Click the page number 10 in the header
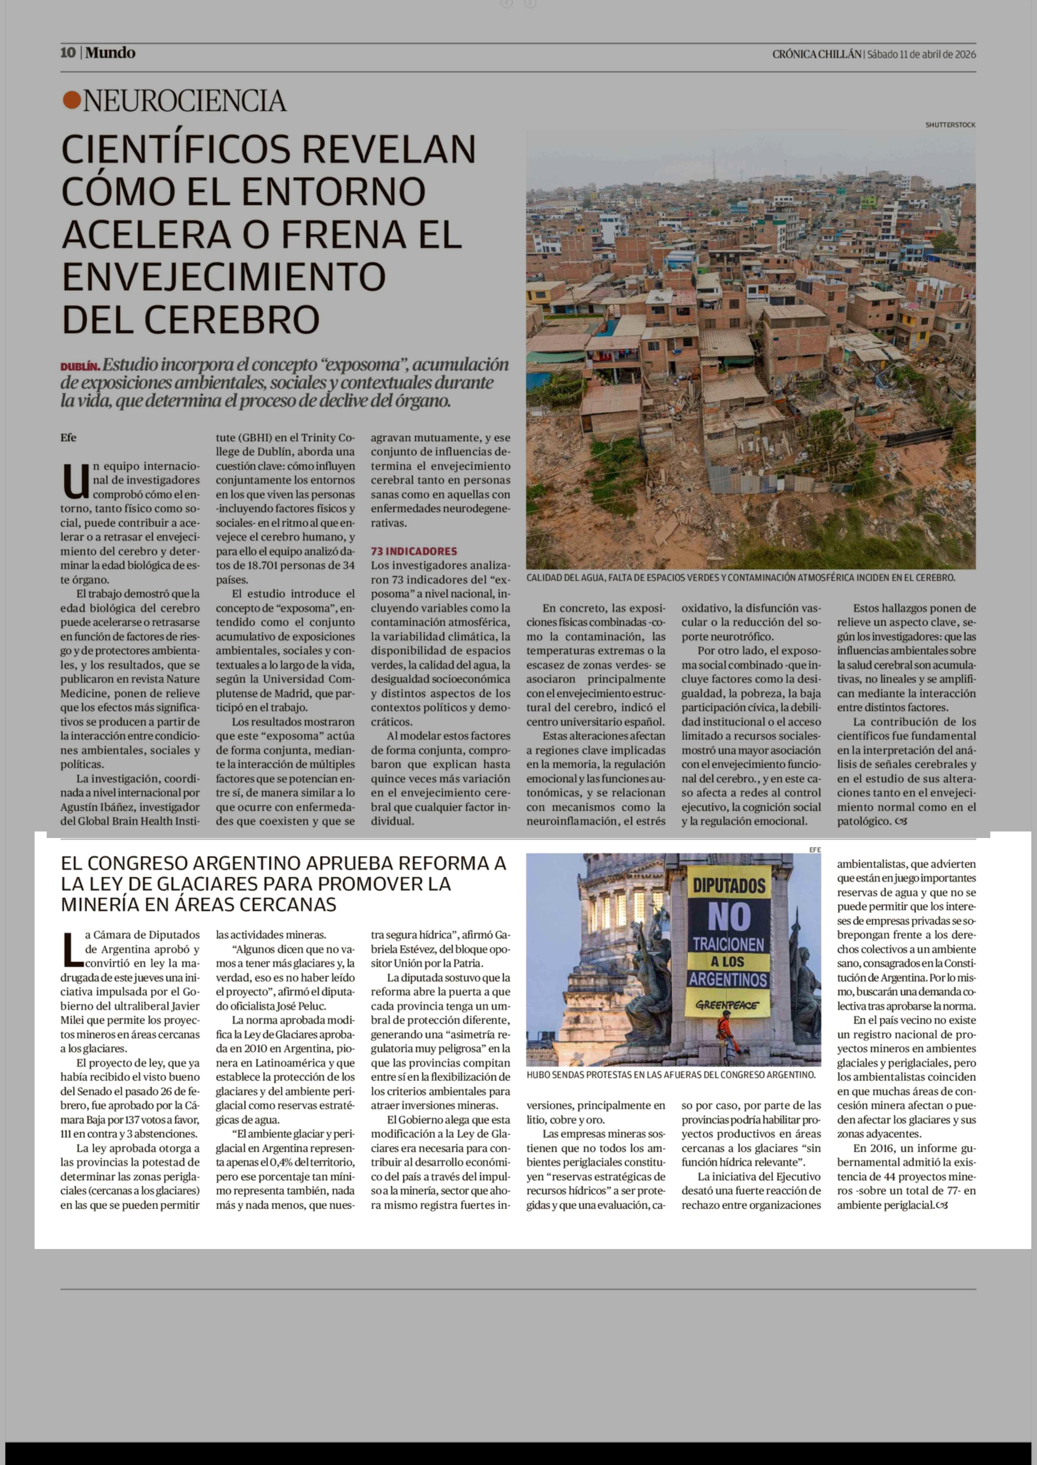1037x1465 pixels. click(x=68, y=53)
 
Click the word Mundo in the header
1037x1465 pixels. click(x=111, y=53)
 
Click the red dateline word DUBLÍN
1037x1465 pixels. click(x=80, y=367)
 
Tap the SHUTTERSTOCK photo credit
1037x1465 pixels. click(x=950, y=125)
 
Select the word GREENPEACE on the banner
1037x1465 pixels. click(x=727, y=1005)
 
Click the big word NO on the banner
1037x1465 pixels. click(x=729, y=918)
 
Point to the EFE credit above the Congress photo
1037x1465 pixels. click(x=815, y=850)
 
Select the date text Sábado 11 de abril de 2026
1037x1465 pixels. click(x=921, y=54)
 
